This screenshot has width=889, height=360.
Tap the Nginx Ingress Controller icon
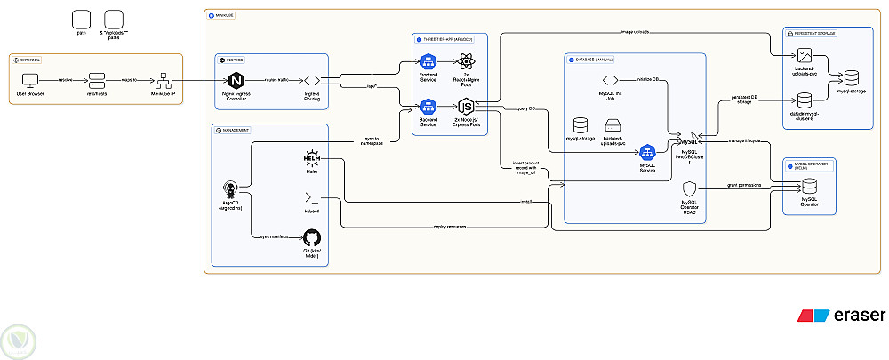coord(236,80)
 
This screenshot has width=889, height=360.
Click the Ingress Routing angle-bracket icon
coord(312,80)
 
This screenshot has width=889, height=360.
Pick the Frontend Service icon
coord(428,62)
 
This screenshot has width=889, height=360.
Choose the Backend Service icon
coord(428,106)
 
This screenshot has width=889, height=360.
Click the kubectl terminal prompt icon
coord(312,197)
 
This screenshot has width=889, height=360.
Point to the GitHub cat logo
coord(312,237)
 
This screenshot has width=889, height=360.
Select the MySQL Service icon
coord(647,151)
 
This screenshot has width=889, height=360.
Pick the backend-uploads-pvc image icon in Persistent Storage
coord(805,55)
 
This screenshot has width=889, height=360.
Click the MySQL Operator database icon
coord(809,188)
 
